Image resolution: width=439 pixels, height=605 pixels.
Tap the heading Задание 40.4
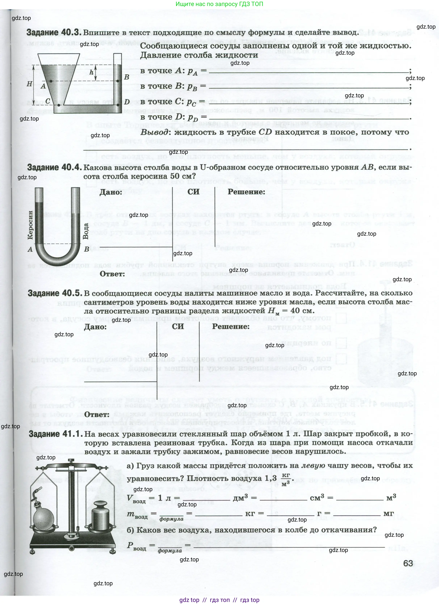[54, 168]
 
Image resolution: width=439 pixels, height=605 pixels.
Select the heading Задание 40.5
[55, 293]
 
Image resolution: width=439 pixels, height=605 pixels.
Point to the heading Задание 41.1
[56, 434]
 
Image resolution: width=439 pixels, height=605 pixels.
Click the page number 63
[408, 563]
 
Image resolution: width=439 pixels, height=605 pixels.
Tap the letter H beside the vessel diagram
[30, 84]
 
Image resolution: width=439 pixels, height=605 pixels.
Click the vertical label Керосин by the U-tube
[30, 225]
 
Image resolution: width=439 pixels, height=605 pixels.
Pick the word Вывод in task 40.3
[154, 132]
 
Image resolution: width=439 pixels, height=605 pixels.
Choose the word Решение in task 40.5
[231, 326]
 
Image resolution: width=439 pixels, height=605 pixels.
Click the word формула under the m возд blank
[171, 519]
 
